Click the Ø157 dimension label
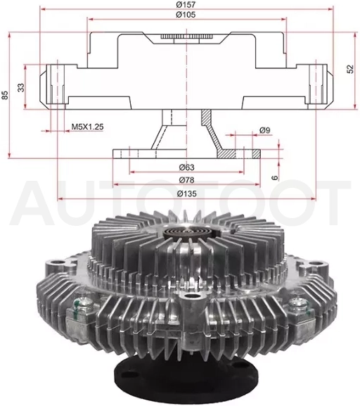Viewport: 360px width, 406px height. tap(186, 4)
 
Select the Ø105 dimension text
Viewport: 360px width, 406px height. tap(186, 15)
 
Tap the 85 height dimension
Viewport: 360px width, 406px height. tap(5, 95)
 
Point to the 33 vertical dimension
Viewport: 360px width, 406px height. tap(21, 87)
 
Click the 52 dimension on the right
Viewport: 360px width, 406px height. tap(349, 69)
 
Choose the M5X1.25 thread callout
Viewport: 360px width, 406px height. tap(87, 127)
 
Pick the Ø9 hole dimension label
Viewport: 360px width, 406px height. tap(264, 130)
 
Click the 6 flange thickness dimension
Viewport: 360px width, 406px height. tap(275, 177)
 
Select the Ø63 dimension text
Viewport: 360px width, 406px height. tap(186, 167)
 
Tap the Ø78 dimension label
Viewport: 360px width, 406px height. tap(186, 179)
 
